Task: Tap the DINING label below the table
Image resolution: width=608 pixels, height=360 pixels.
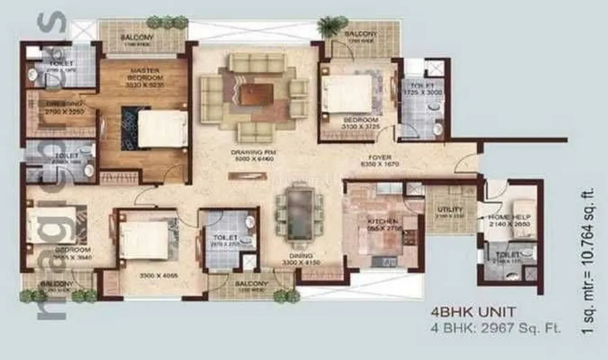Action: coord(301,256)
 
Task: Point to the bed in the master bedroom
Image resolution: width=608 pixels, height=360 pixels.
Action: coord(162,128)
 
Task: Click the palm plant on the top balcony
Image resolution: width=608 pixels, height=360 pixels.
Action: coord(330,26)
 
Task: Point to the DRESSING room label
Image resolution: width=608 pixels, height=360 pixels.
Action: coord(56,104)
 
